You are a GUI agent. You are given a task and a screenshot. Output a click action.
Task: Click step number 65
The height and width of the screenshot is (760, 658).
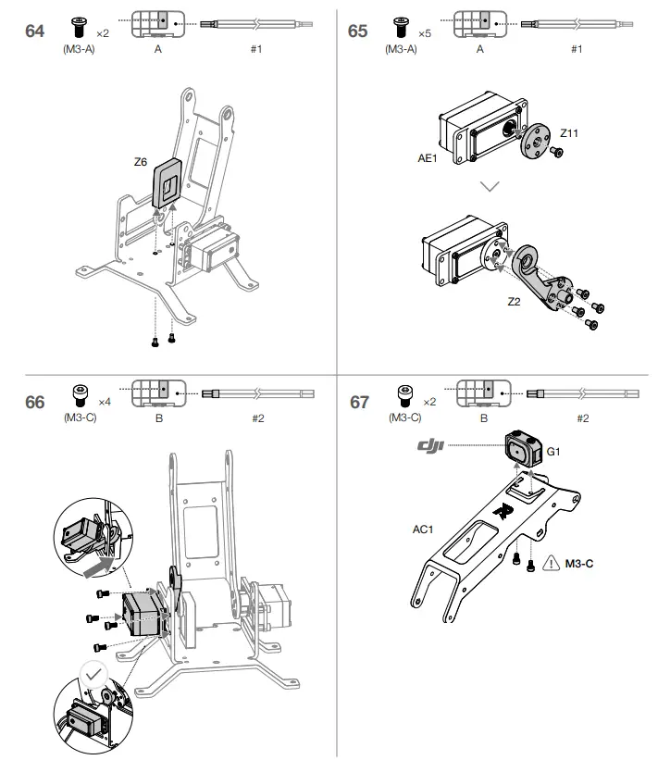357,31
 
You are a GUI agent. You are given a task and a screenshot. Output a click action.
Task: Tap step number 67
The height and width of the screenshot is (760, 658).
359,402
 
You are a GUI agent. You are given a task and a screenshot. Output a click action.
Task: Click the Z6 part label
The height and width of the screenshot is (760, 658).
142,161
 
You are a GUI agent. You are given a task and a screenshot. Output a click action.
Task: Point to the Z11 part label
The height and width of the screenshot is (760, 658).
568,133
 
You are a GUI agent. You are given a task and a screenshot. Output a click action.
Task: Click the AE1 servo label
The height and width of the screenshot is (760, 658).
428,158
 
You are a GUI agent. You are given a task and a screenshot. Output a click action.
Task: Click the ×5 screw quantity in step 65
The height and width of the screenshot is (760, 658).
424,33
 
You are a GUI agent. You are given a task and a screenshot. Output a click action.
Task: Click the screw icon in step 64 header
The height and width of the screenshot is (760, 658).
79,25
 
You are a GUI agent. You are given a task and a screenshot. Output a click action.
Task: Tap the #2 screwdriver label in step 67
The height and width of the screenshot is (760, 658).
582,418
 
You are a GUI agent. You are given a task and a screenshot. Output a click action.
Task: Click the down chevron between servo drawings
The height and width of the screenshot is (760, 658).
490,186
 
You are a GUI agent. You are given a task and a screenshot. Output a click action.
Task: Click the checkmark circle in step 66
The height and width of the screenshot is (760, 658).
92,674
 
